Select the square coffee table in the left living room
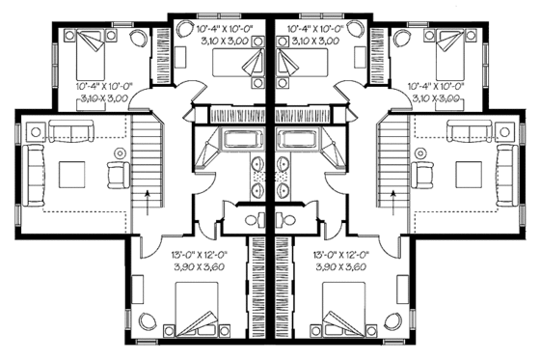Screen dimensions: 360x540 (x=72, y=175)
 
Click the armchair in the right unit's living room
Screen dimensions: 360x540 (x=421, y=175)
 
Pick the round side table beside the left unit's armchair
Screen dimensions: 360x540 (x=120, y=152)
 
